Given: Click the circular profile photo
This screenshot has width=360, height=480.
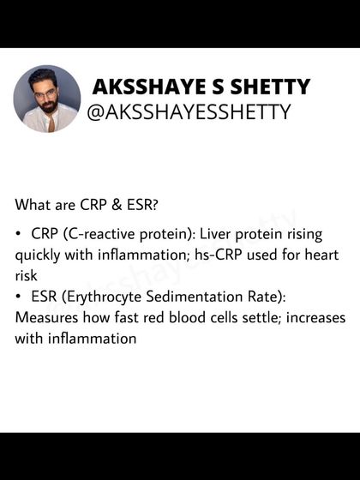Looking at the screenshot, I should point(46,99).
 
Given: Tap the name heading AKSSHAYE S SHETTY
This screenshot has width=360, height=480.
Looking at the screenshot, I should point(201,87).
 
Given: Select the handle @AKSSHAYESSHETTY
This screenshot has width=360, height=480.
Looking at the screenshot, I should point(189,112).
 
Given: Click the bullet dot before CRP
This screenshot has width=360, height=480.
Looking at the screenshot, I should point(19,234).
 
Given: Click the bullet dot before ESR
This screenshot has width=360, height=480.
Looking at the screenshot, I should point(19,296).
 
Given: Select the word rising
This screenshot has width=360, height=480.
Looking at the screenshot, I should point(314,234).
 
